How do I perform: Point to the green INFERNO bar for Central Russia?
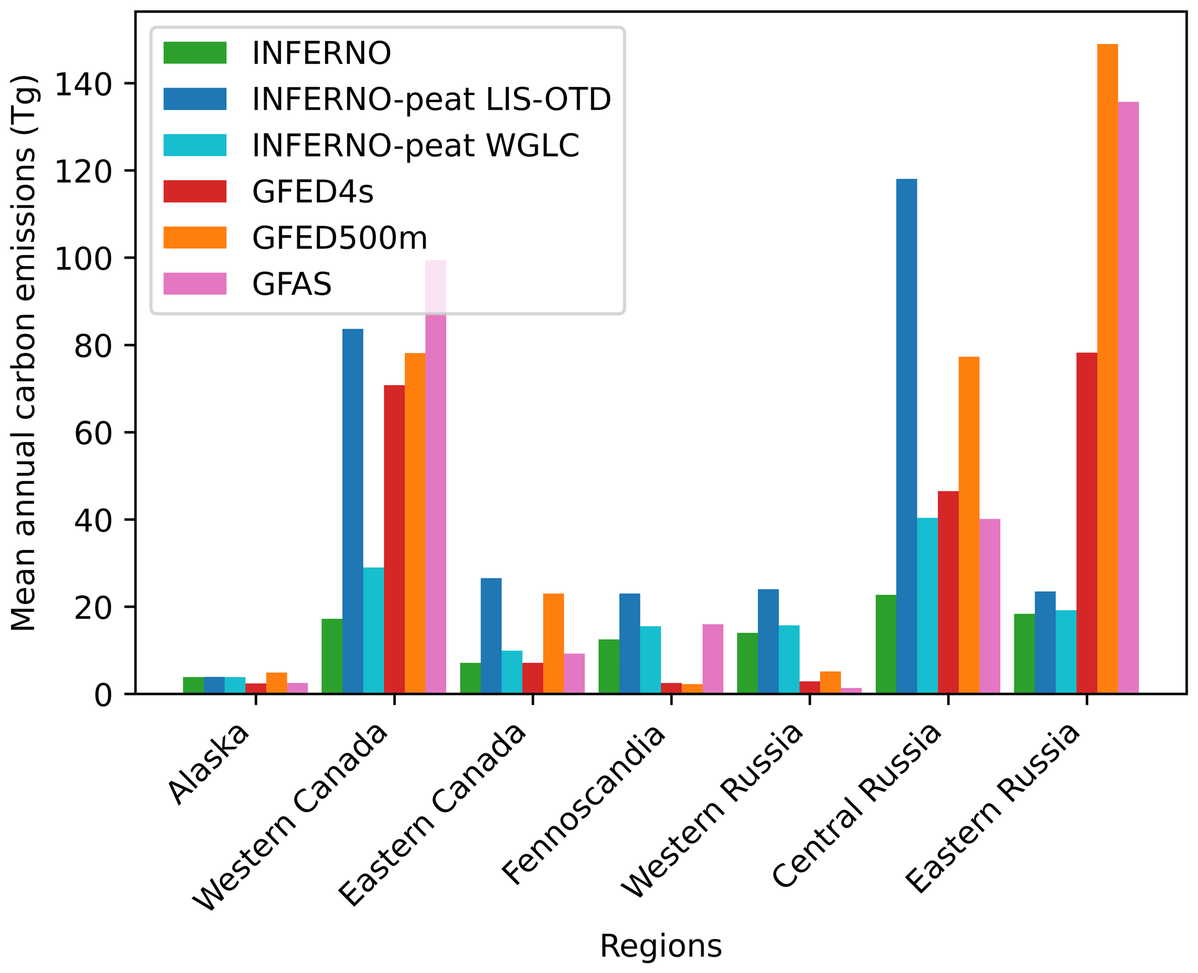coord(886,644)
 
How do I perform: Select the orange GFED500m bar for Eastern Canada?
coord(554,643)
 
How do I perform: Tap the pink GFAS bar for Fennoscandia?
coord(712,658)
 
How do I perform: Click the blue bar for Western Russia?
coord(768,641)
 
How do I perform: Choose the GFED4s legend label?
coord(313,191)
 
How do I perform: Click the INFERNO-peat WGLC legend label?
coord(416,145)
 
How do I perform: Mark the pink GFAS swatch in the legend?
coord(195,283)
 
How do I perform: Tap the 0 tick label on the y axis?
coord(103,695)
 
